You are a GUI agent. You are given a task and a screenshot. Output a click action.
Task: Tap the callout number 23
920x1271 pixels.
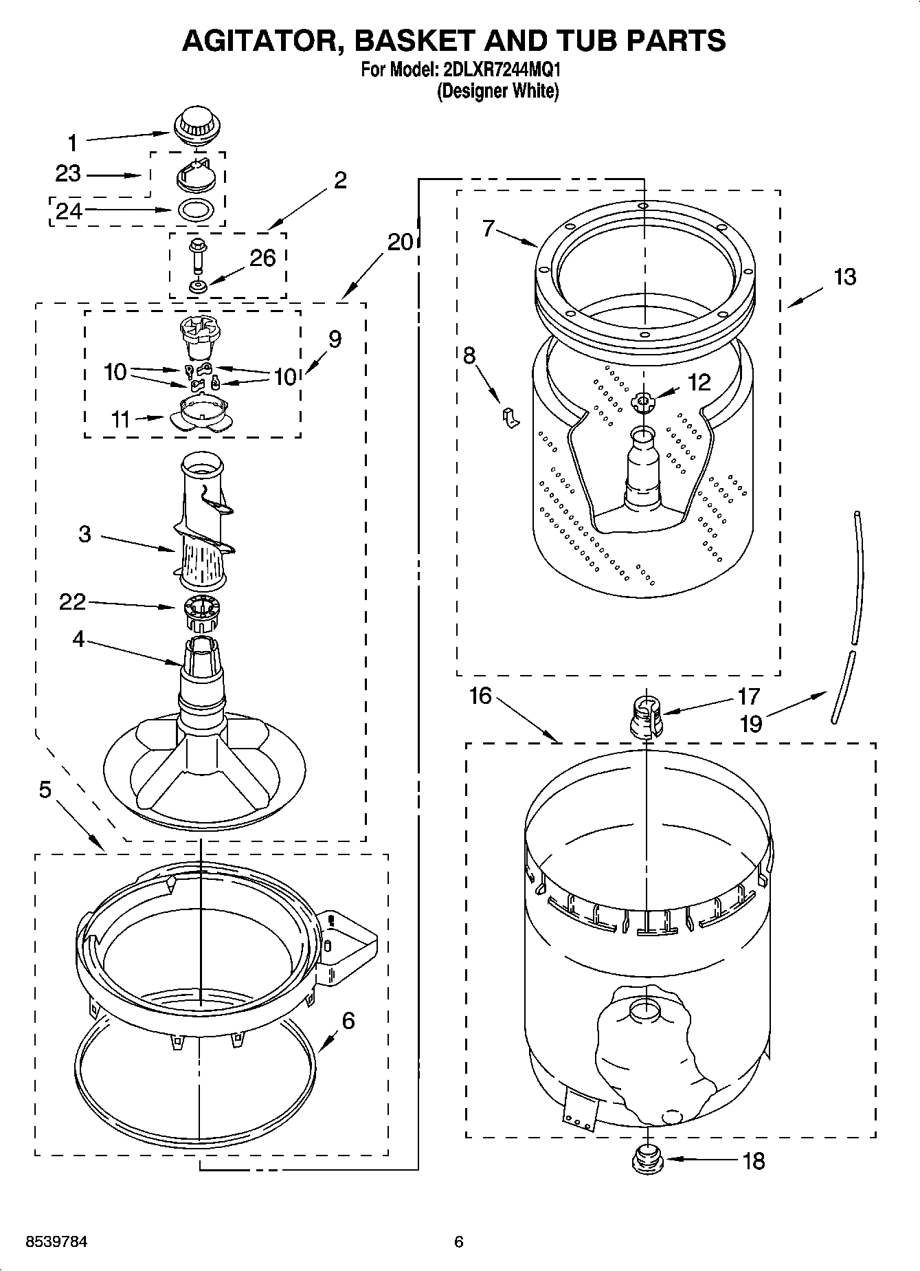(68, 174)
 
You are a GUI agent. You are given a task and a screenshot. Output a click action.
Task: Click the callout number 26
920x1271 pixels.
(262, 258)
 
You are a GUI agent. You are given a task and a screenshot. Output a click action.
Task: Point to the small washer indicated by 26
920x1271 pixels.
(197, 286)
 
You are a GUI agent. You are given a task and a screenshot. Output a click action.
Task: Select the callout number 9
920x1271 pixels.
(335, 339)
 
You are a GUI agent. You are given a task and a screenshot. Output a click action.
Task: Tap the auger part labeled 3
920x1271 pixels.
(203, 529)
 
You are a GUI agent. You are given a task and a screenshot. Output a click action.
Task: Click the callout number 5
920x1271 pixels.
(45, 791)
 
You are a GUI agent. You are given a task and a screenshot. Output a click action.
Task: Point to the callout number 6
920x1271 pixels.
(348, 1021)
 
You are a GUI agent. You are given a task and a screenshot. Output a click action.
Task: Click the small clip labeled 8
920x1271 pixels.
(510, 417)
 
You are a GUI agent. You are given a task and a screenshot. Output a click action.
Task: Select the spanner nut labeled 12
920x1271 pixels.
(644, 401)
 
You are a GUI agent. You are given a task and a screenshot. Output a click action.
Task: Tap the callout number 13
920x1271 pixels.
(845, 277)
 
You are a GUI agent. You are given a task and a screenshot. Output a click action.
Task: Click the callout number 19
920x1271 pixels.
(752, 724)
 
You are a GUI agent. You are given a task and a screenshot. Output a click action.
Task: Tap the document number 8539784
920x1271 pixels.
(56, 1241)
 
